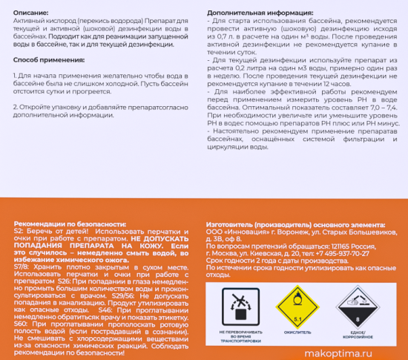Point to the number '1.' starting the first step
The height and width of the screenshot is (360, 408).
16,76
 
